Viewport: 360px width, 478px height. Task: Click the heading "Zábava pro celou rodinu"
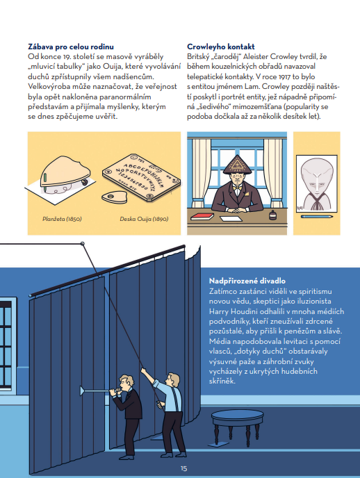pos(71,47)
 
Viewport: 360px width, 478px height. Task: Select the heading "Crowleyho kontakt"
pos(221,47)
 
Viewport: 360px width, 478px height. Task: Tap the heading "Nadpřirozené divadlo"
pos(247,281)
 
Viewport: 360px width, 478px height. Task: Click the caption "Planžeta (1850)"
pos(62,219)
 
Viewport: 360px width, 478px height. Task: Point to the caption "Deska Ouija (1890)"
pos(144,219)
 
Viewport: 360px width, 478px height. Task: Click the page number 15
pos(183,468)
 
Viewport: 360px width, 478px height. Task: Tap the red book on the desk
pos(202,216)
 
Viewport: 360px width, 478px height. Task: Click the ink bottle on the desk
pos(273,215)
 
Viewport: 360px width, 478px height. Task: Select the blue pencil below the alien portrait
pos(317,217)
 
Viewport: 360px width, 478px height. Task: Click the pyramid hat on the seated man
pos(237,164)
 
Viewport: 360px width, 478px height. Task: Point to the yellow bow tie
pos(237,189)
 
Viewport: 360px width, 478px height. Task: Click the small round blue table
pos(238,427)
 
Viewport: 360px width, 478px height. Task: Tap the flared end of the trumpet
pos(82,390)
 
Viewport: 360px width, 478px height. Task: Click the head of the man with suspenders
pos(172,379)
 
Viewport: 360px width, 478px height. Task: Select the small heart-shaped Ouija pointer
pos(114,197)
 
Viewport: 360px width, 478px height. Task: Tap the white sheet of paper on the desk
pos(231,219)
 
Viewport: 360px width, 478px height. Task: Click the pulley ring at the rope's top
pos(82,244)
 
